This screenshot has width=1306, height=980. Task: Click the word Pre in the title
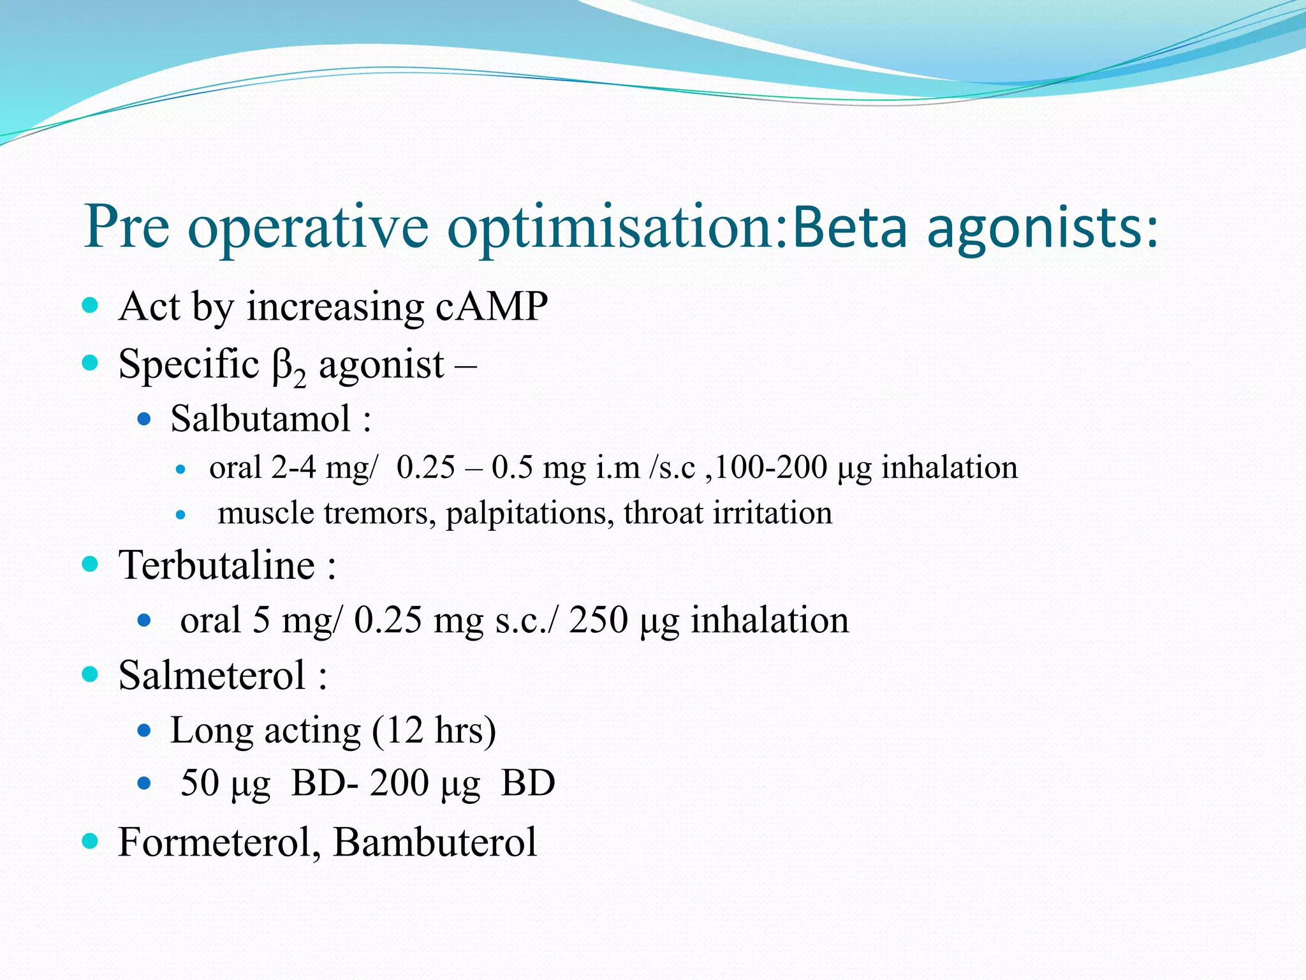pos(128,226)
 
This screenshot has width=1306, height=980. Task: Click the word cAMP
pos(492,306)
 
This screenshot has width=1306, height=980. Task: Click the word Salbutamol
pos(261,419)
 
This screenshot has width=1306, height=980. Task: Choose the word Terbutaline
pos(217,565)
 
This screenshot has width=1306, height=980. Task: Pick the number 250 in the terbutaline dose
pos(598,620)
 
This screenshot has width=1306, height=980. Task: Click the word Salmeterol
pos(212,675)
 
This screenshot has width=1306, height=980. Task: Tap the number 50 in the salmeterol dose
pos(200,783)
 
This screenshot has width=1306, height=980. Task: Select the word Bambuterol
pos(434,842)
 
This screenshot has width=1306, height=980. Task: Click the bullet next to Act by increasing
pos(91,305)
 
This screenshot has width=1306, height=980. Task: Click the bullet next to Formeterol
pos(91,841)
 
